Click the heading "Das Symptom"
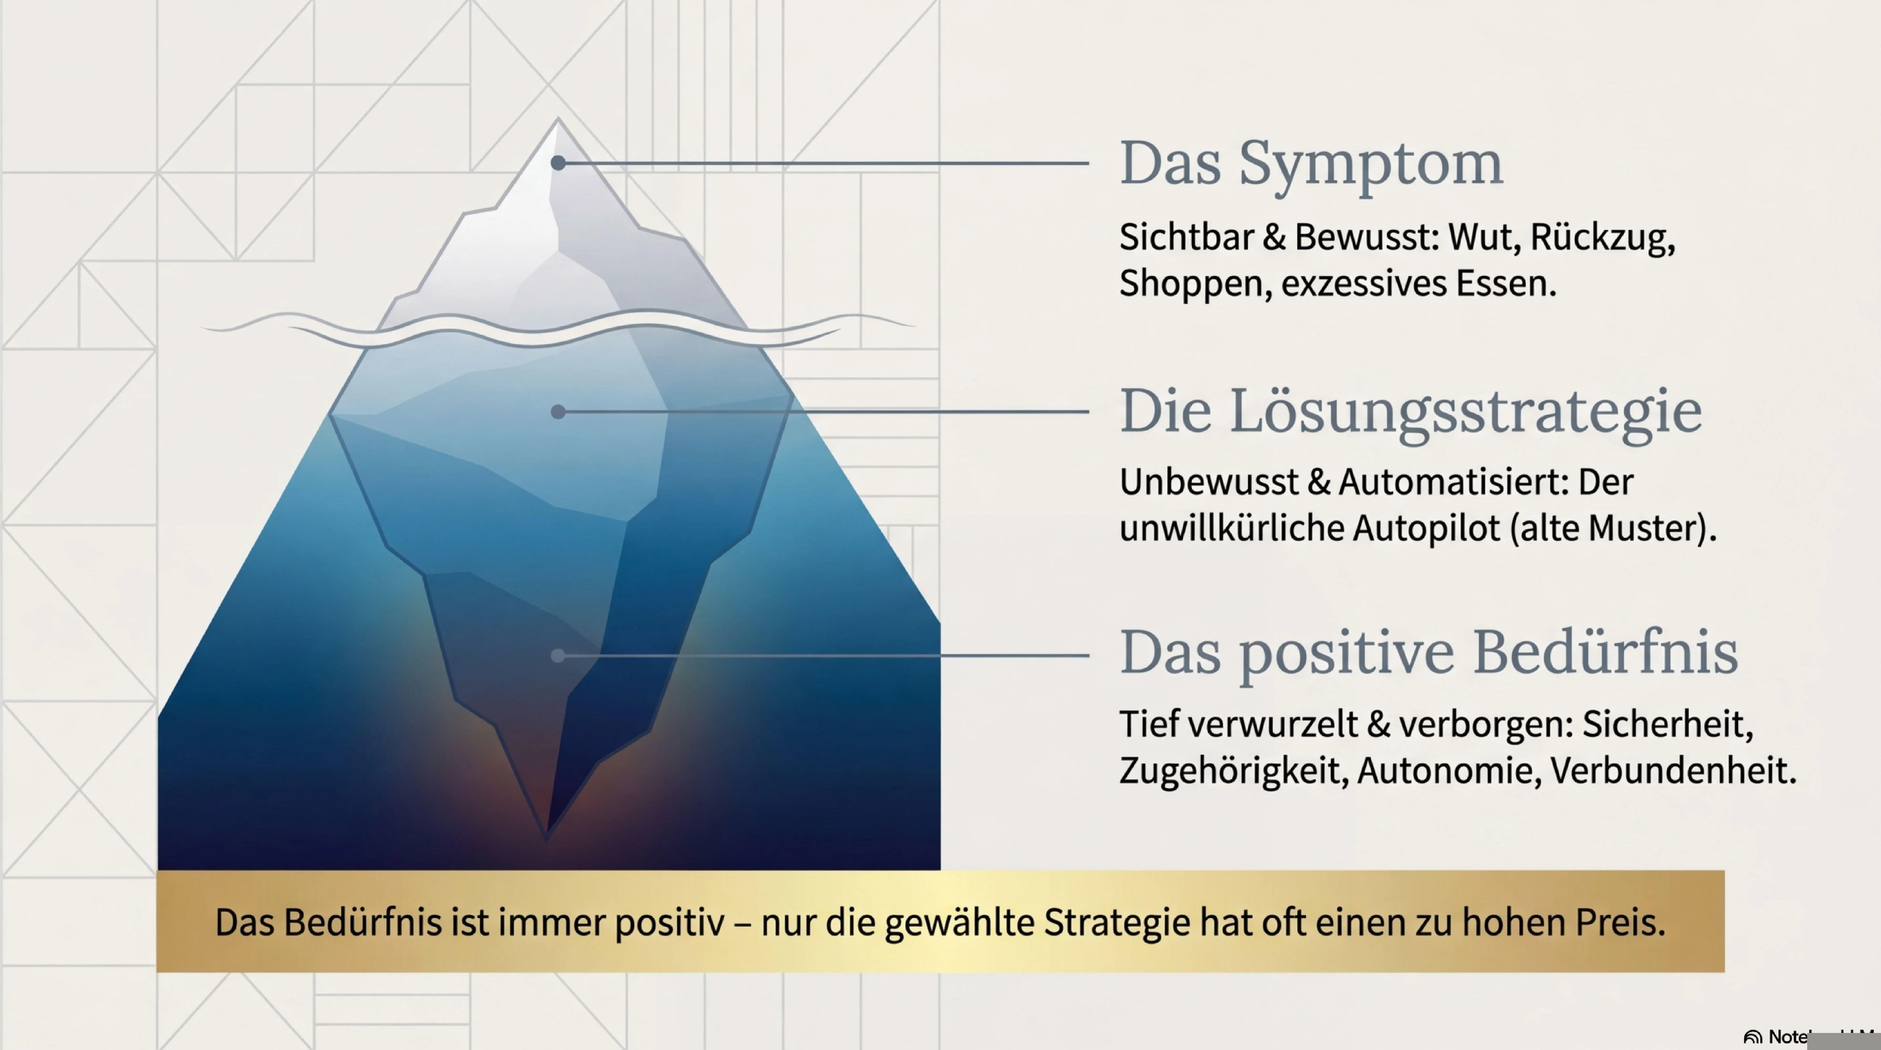[x=1311, y=164]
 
